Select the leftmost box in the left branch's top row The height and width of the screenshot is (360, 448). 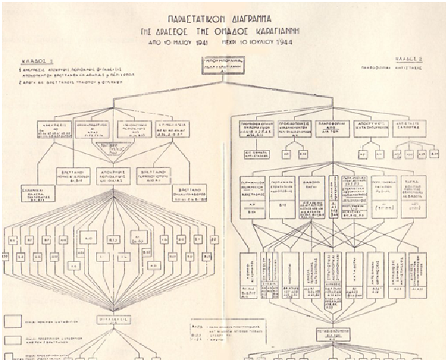tap(52, 129)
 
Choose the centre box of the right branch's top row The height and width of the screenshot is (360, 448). tap(332, 127)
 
